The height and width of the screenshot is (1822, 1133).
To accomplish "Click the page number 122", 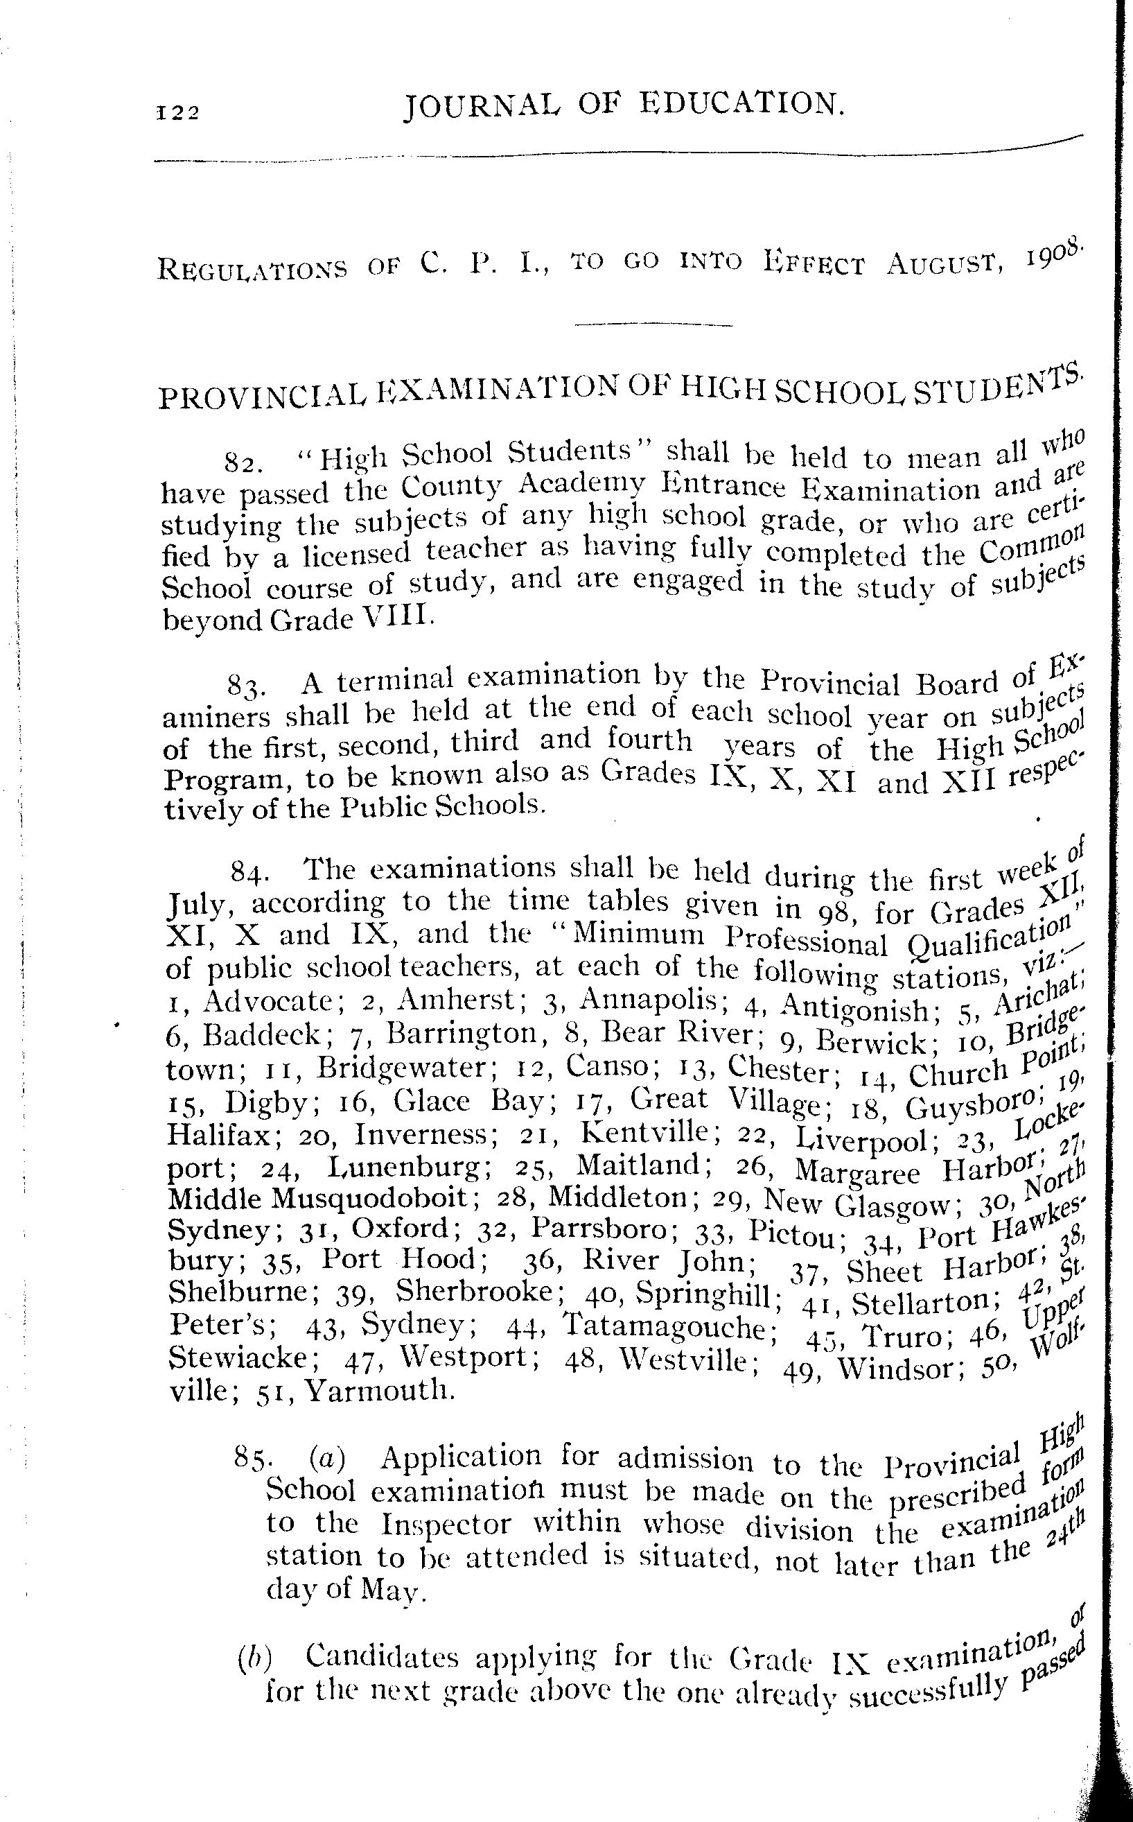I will (x=177, y=112).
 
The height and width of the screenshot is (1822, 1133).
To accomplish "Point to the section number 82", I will (x=243, y=462).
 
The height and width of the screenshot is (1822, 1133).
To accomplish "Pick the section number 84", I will (x=246, y=871).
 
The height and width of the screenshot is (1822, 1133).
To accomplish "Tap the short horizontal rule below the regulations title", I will (x=652, y=324).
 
